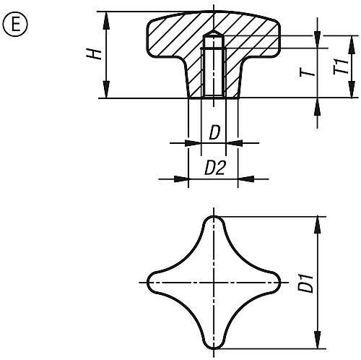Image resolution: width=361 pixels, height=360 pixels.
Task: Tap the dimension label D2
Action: pyautogui.click(x=214, y=168)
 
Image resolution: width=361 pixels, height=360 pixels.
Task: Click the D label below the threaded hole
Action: pyautogui.click(x=214, y=133)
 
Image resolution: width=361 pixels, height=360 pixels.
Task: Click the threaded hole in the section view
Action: pyautogui.click(x=214, y=72)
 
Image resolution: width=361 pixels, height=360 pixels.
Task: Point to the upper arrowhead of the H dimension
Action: pyautogui.click(x=107, y=17)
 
